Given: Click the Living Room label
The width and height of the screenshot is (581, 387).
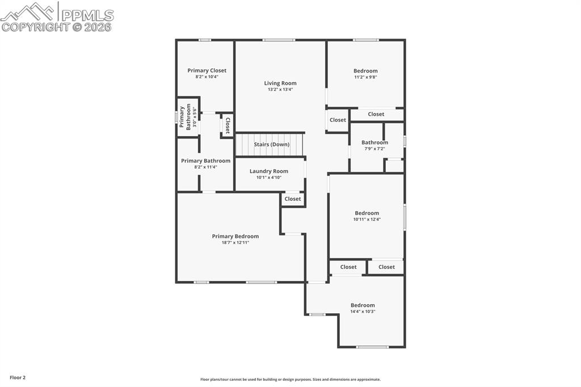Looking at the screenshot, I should (280, 83).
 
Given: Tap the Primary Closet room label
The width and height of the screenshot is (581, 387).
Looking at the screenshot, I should (207, 70).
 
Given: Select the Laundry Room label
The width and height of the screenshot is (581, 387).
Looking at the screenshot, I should (269, 171).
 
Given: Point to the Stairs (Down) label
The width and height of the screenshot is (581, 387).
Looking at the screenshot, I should (271, 144).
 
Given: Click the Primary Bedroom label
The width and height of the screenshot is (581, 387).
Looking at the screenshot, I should (235, 236).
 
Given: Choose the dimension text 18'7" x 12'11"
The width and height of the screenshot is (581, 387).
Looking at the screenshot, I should (235, 243).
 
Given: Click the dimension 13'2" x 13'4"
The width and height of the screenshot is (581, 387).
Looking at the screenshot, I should (280, 90).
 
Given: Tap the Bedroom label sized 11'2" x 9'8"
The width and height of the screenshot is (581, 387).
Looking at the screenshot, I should (365, 71).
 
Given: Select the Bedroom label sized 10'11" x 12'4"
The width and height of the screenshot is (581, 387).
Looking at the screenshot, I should (367, 213).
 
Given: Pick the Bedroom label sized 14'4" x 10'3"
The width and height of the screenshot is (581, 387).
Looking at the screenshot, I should (363, 305).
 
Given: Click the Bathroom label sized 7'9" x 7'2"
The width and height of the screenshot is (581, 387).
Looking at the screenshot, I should (374, 142).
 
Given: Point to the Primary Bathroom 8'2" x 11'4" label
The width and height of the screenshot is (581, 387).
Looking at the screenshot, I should (205, 161).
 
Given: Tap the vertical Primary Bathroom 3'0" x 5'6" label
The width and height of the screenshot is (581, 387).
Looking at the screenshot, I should (186, 117).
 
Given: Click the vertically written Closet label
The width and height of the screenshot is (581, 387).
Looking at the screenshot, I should (228, 125).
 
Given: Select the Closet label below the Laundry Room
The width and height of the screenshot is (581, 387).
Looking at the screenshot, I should (293, 199).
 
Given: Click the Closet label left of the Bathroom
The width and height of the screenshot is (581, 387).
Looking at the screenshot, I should (338, 120).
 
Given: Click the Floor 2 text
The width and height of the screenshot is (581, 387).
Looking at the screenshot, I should (17, 377).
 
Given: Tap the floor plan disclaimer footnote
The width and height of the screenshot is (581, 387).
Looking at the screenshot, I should (290, 380).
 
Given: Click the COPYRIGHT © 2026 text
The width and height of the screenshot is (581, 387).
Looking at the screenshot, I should (57, 27).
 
